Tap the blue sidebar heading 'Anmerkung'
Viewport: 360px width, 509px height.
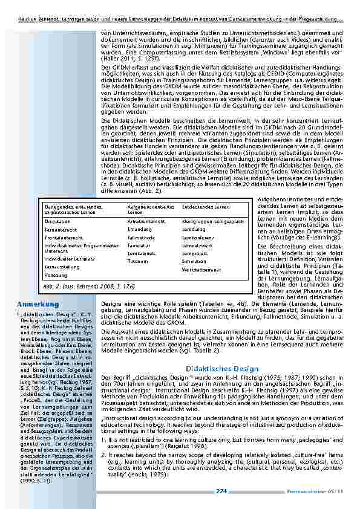point(33,303)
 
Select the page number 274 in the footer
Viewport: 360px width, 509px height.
point(221,492)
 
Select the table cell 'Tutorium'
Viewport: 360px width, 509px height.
point(137,261)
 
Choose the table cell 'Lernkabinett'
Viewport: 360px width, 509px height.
point(139,254)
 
